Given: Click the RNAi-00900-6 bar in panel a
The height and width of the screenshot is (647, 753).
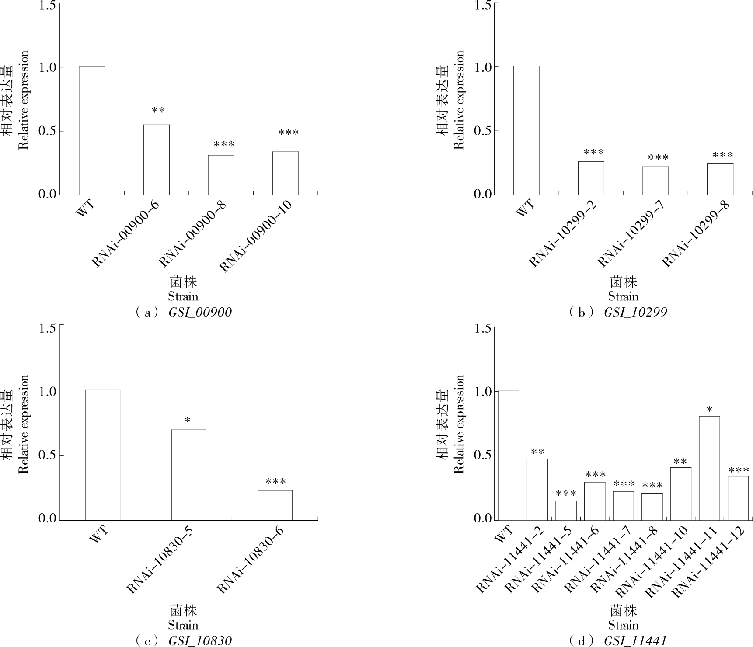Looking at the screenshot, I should [x=157, y=160].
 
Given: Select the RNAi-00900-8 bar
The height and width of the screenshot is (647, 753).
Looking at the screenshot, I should [x=221, y=175].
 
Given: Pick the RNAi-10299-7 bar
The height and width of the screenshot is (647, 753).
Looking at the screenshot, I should [x=655, y=181].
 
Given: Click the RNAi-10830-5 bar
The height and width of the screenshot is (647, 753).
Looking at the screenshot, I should [x=188, y=475].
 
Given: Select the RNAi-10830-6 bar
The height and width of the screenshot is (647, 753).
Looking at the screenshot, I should [x=275, y=505].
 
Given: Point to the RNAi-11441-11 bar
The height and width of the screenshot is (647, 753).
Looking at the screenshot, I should [x=709, y=468].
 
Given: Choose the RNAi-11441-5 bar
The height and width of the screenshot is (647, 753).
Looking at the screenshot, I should [x=566, y=510].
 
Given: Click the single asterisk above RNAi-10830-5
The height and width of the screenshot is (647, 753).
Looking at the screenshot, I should [x=188, y=421].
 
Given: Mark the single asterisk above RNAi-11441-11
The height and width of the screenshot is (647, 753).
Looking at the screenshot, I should [x=709, y=410].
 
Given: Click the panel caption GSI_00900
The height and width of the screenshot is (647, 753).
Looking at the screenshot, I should [x=200, y=313].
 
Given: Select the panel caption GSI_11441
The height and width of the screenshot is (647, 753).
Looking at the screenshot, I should [x=635, y=641].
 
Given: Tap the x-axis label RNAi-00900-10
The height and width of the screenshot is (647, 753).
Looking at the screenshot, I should [x=255, y=237].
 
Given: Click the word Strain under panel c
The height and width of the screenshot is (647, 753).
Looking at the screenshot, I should [x=183, y=625].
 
